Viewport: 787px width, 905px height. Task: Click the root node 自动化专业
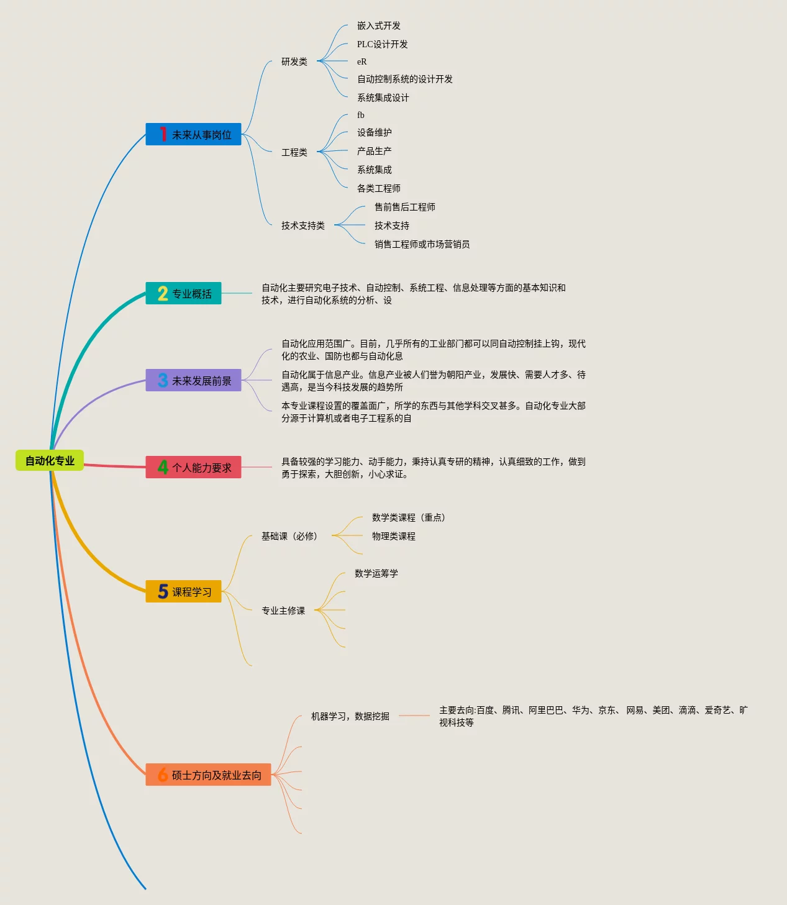click(50, 460)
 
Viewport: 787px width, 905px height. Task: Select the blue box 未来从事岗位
click(193, 134)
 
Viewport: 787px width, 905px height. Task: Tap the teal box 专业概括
click(183, 293)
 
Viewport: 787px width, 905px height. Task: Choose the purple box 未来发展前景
click(193, 380)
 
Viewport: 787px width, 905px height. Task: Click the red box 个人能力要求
click(193, 467)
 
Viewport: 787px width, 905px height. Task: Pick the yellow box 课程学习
click(183, 591)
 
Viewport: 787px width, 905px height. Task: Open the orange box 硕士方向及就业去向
click(208, 775)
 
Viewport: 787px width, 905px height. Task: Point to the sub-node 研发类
click(294, 61)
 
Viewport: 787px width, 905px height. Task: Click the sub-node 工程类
click(294, 152)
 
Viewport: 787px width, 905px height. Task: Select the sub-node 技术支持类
click(303, 225)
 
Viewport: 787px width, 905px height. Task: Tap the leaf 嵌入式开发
click(378, 25)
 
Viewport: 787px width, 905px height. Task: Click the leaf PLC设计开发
click(382, 44)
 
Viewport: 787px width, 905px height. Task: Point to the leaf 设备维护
click(374, 132)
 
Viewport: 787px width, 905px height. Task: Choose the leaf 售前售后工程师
click(404, 207)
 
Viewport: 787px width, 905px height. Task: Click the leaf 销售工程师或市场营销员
click(422, 244)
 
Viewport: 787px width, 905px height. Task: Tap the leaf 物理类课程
click(393, 536)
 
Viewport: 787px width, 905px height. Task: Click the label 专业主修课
click(283, 611)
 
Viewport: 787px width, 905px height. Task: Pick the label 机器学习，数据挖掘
click(350, 716)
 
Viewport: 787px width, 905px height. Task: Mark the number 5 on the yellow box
click(163, 591)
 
